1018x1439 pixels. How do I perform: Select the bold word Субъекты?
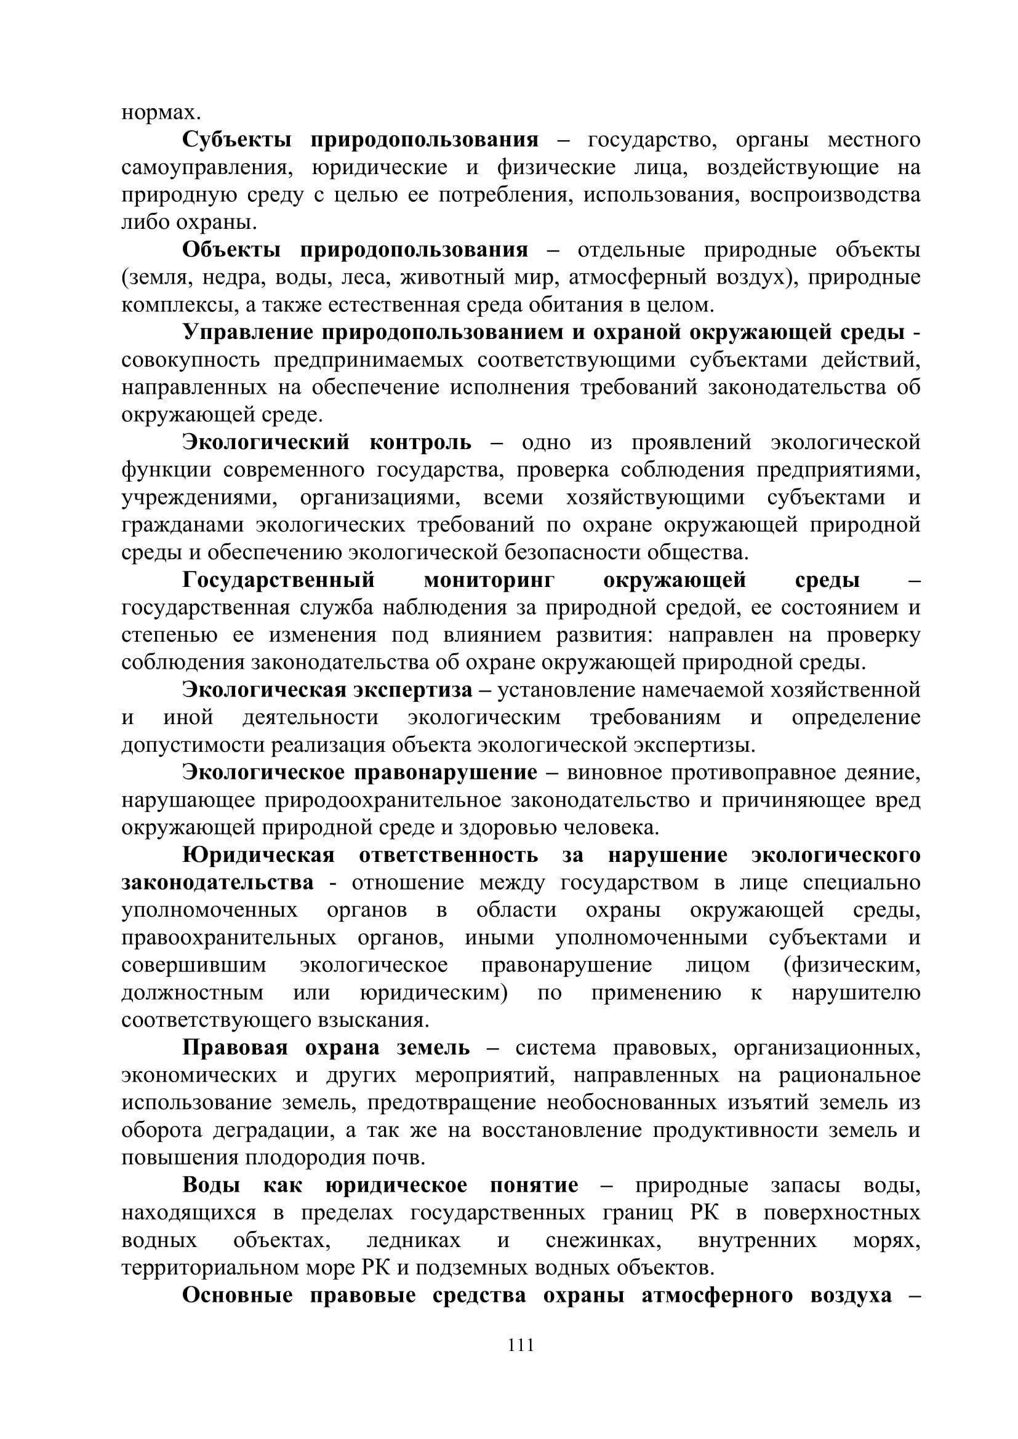tap(236, 140)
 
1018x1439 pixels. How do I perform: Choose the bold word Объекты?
tap(231, 250)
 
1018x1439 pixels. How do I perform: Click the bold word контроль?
tap(420, 442)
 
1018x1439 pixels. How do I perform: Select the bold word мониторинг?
tap(489, 580)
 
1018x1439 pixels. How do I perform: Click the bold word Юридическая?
tap(259, 856)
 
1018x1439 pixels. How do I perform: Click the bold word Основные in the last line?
tap(237, 1296)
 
